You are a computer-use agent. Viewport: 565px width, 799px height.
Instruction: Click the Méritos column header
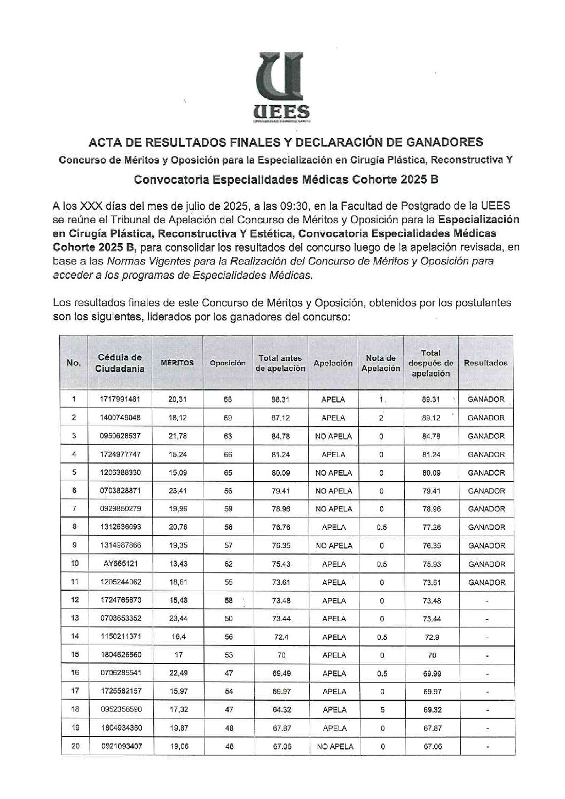177,363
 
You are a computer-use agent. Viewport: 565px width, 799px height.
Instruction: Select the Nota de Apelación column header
381,363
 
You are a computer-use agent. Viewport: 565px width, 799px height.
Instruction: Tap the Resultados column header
485,363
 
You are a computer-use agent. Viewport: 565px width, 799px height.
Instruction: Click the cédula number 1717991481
120,399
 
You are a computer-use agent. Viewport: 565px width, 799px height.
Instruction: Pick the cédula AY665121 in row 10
120,564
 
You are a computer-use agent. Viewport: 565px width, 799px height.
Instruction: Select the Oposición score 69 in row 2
228,418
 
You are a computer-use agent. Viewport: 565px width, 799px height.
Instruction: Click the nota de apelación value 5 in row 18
381,710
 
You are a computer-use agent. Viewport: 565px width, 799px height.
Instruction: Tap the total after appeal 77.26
431,527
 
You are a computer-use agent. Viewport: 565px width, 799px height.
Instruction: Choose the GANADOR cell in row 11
486,582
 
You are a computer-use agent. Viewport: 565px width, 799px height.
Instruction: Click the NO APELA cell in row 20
334,747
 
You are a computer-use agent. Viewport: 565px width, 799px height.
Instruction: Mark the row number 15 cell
75,655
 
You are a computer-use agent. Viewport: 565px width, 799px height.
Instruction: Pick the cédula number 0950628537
120,436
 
